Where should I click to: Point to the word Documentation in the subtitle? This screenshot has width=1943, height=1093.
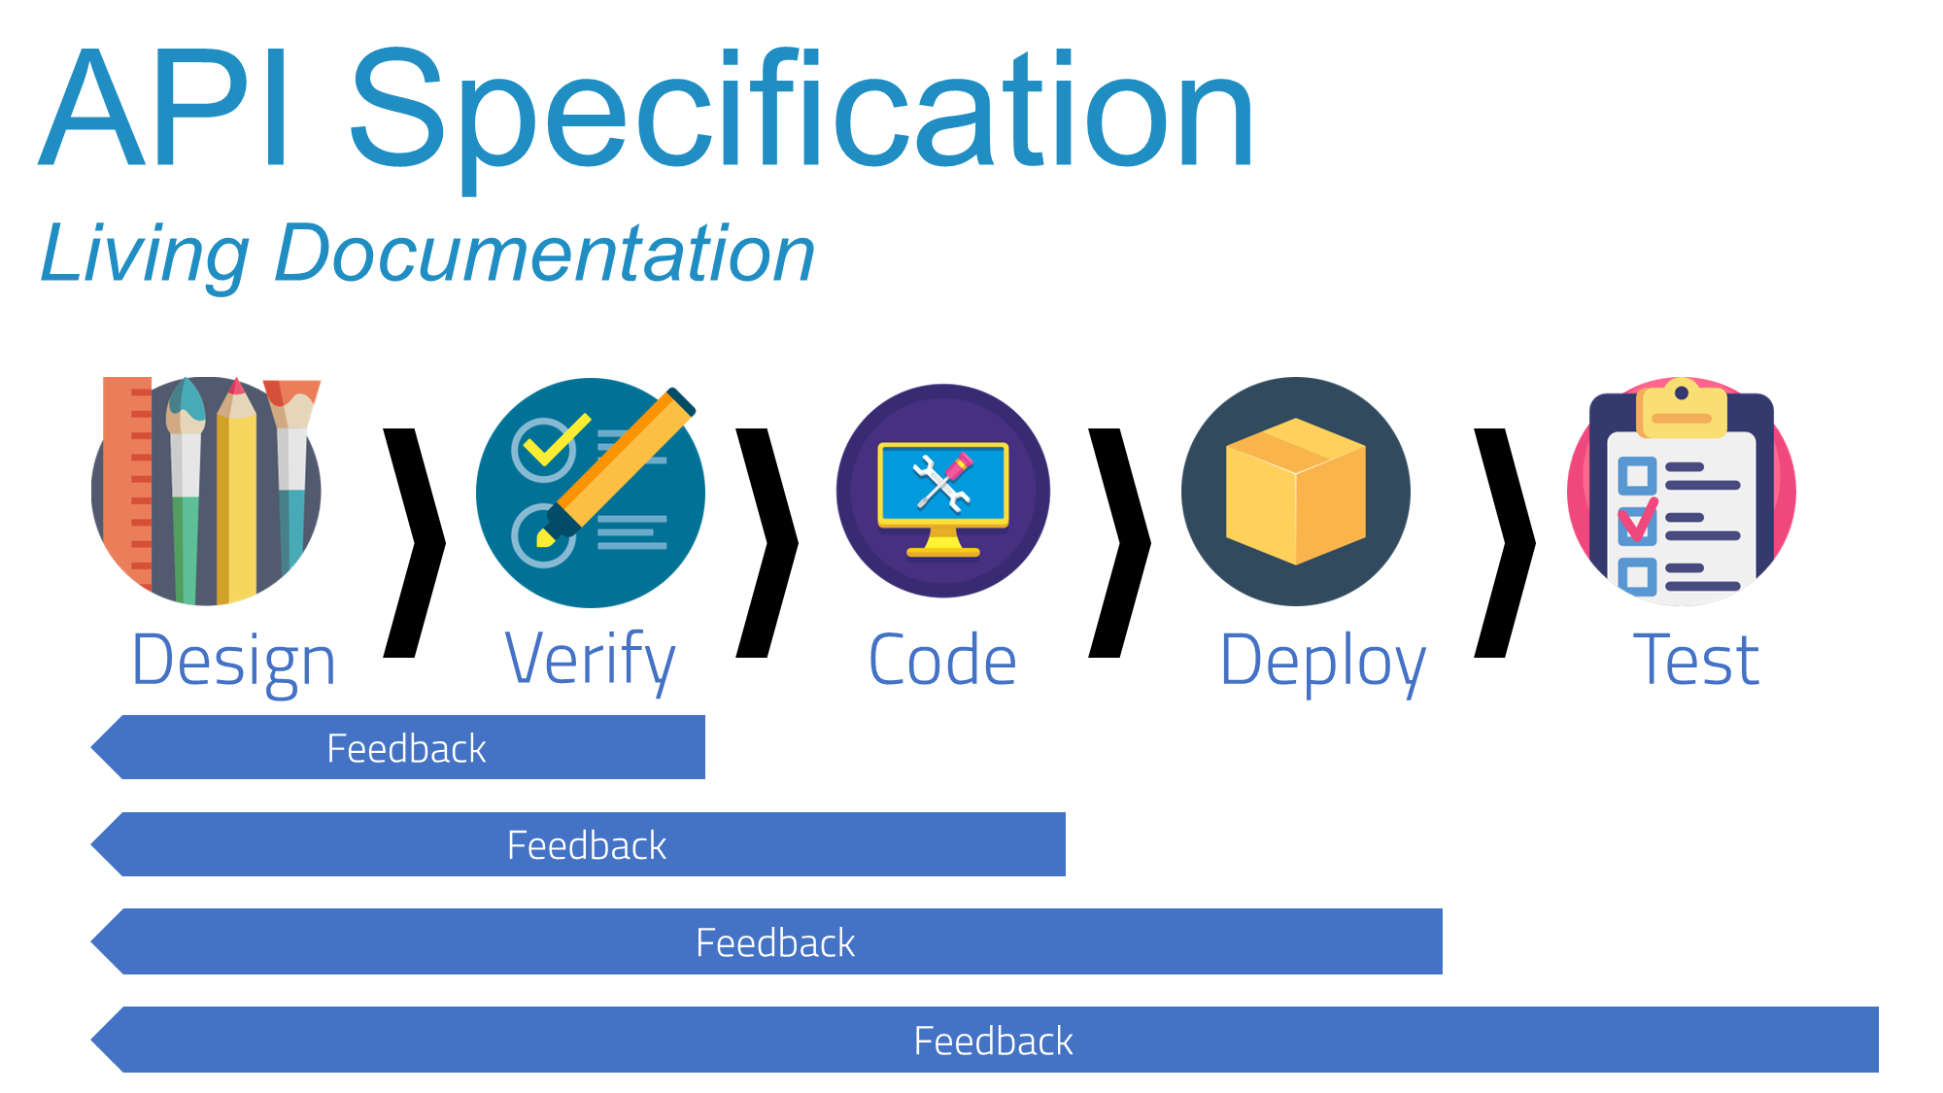pos(544,255)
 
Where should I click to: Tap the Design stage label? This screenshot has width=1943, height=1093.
pos(233,661)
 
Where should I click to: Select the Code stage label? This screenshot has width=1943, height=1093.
pos(942,661)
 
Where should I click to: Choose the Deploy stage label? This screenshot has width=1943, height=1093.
pos(1322,661)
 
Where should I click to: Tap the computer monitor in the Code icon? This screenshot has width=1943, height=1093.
pos(942,486)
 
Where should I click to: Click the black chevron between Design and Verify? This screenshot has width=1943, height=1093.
pos(415,542)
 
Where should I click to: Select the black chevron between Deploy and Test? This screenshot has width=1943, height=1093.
pos(1506,542)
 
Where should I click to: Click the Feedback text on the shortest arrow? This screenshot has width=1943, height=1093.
pos(406,749)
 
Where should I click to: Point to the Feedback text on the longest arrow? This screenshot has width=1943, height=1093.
pos(993,1042)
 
